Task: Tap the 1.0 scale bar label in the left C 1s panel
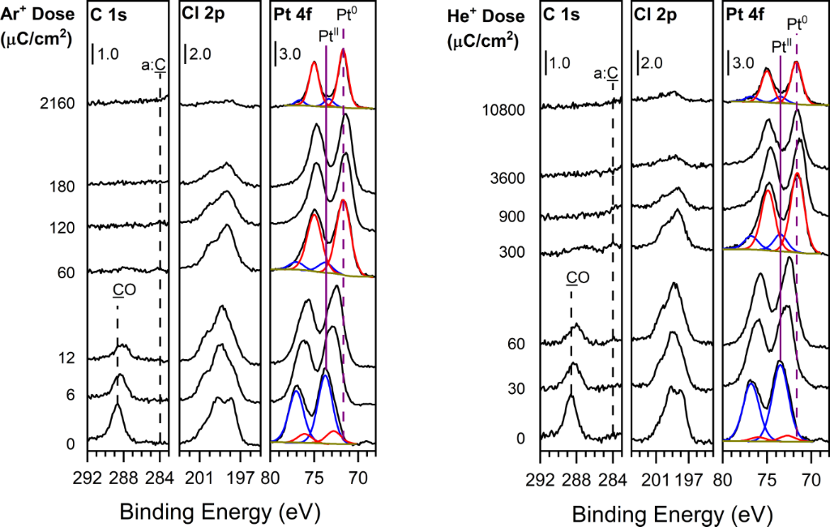click(109, 55)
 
